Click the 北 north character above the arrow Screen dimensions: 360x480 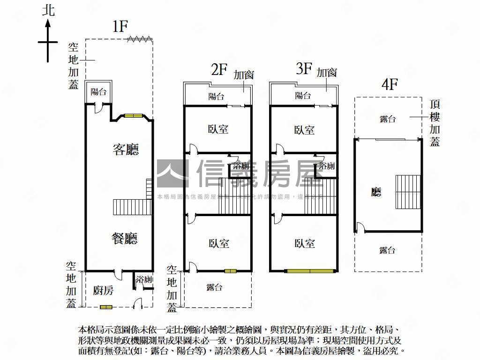48,10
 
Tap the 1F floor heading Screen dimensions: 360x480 120,27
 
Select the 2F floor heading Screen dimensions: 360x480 219,70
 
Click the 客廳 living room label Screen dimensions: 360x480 126,150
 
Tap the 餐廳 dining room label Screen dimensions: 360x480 124,239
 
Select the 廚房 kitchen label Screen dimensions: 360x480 103,290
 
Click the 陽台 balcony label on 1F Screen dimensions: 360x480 98,92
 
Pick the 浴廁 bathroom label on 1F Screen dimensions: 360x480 144,280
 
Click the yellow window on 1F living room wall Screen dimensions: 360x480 133,116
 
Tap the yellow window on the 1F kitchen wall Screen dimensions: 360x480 106,307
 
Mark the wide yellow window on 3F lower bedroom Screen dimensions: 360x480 312,270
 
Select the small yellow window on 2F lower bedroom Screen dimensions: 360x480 230,270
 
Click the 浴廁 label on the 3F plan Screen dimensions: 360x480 326,166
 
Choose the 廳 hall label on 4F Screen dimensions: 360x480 376,192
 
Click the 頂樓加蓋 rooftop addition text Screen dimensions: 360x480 435,123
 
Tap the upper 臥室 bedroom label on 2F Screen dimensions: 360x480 218,129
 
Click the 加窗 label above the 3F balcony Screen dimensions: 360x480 327,73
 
